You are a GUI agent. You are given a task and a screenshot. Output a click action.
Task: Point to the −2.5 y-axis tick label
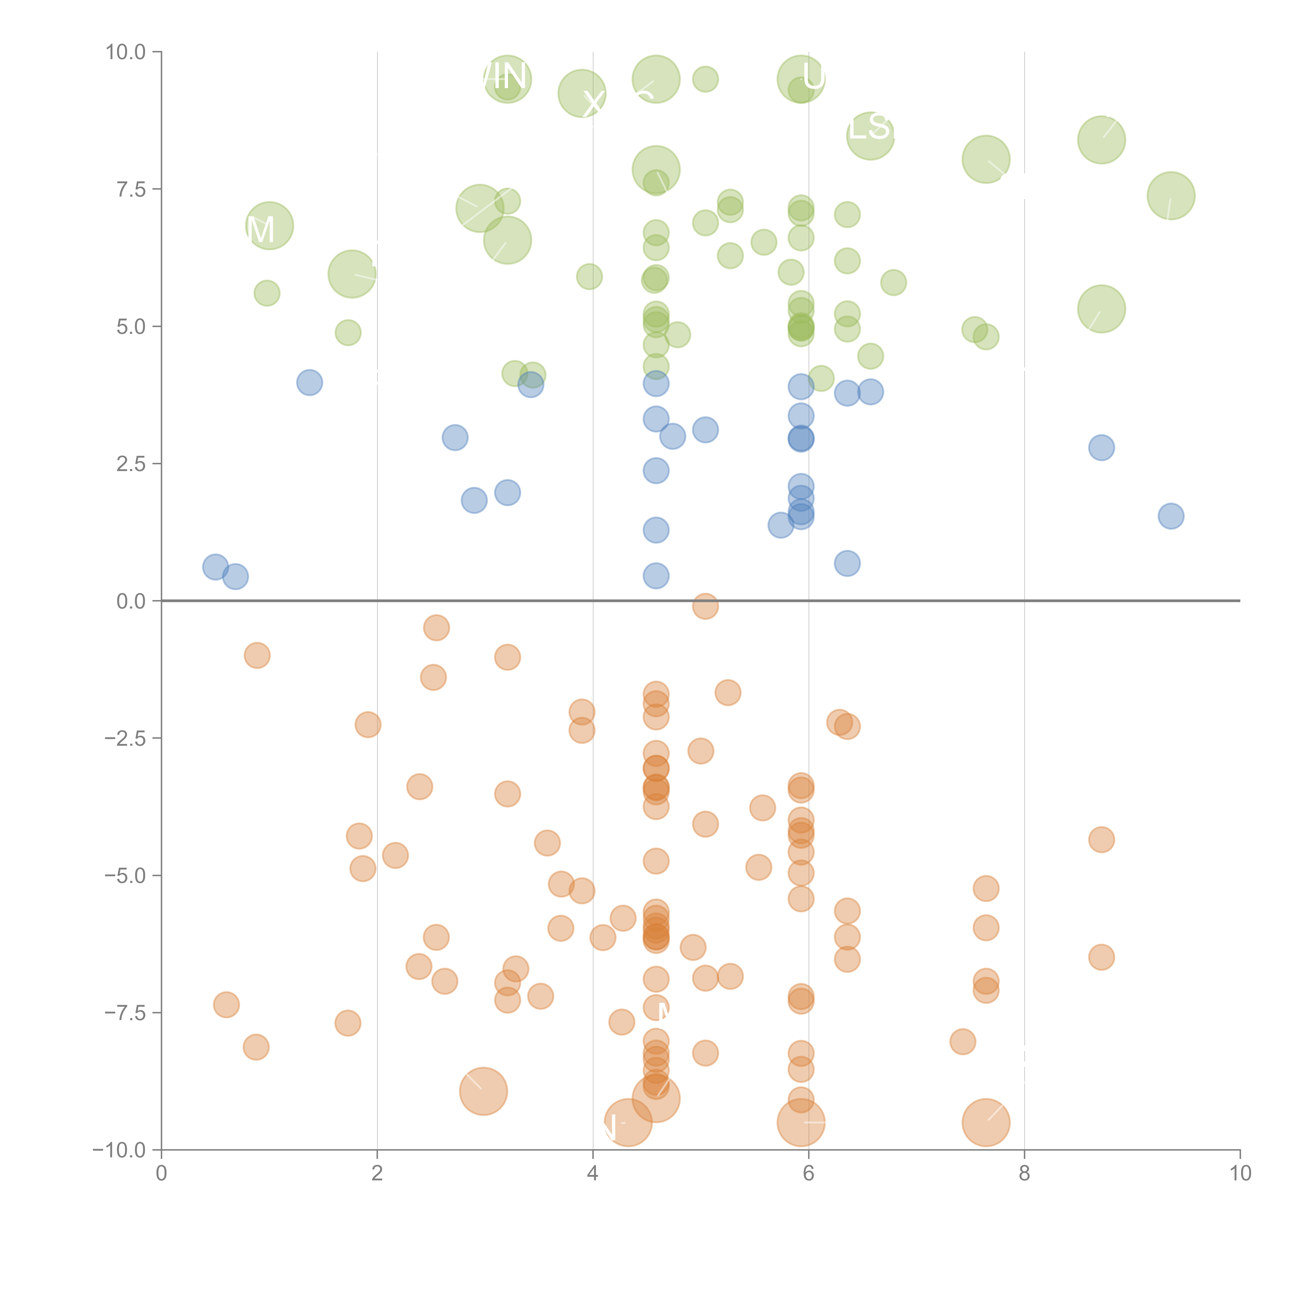[x=125, y=738]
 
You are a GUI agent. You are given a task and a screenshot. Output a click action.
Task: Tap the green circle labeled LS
[x=870, y=136]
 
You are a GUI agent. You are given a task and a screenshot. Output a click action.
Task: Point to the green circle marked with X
[x=582, y=94]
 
